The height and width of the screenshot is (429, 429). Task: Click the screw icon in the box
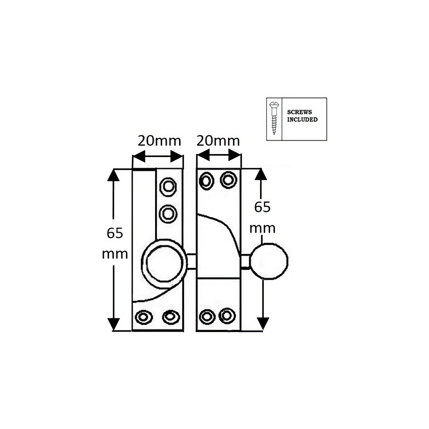274,118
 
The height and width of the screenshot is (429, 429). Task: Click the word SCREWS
299,112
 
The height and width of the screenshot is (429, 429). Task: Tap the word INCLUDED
302,120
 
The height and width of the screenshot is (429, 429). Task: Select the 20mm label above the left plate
159,141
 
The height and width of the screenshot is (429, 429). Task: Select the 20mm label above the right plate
218,141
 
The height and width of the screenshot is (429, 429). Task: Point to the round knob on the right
269,261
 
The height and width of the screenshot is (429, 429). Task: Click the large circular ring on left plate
164,264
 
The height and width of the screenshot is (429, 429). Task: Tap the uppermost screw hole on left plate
168,187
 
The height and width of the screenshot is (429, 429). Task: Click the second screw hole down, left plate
168,214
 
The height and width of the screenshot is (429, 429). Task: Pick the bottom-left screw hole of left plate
144,317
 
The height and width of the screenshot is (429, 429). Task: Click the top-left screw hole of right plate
206,181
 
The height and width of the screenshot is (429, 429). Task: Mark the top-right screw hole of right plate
228,180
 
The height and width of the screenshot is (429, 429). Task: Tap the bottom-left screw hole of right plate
207,317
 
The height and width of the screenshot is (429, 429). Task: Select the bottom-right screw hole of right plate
227,316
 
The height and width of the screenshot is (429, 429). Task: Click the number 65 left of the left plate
115,233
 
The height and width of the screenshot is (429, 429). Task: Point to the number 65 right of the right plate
262,207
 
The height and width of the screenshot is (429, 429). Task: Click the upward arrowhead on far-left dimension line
113,175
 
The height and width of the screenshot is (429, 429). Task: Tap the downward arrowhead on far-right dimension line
263,324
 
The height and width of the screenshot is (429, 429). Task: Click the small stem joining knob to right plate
245,261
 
